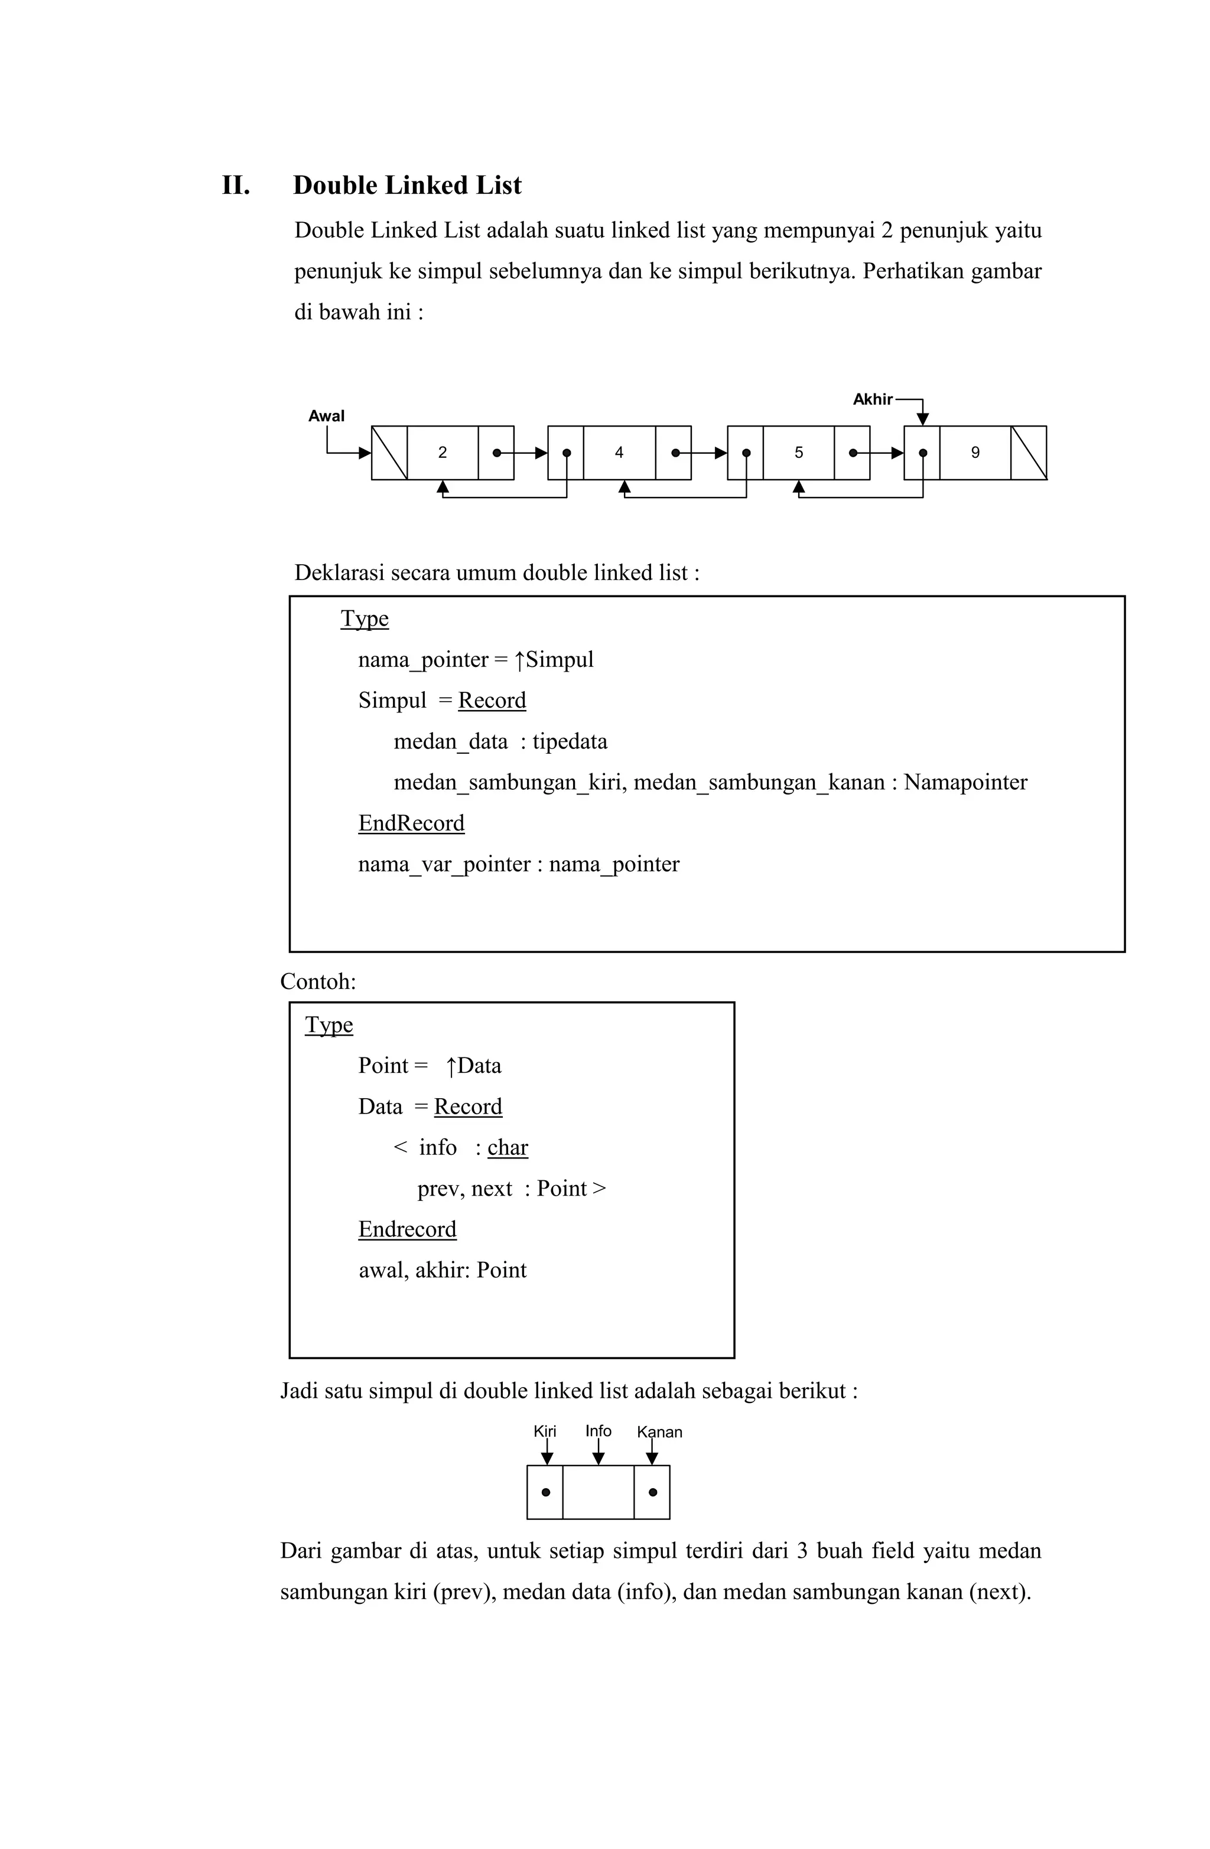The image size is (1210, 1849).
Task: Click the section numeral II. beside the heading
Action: click(x=236, y=185)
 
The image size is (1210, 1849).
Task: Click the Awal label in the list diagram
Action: click(x=326, y=416)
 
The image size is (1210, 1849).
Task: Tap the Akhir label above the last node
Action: click(x=872, y=400)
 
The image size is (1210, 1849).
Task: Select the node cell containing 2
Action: click(x=442, y=453)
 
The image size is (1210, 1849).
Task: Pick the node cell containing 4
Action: click(x=619, y=453)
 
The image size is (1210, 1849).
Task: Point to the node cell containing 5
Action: click(x=798, y=453)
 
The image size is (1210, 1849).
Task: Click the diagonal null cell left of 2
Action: click(x=389, y=453)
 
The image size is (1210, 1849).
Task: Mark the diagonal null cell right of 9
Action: click(x=1028, y=453)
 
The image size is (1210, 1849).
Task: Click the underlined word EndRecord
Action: click(x=411, y=823)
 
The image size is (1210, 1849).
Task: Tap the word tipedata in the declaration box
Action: click(x=570, y=742)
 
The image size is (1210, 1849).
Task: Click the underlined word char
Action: click(x=508, y=1148)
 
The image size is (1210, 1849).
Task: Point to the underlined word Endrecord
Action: click(x=407, y=1230)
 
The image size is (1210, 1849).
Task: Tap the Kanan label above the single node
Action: click(x=659, y=1433)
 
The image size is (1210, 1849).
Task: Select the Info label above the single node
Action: click(x=598, y=1431)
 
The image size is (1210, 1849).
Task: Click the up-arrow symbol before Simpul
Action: click(x=519, y=660)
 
